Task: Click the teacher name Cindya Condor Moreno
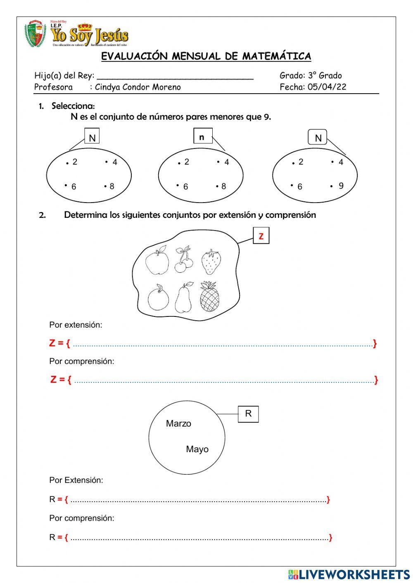(138, 87)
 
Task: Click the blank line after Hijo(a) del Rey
(175, 76)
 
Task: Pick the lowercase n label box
(202, 137)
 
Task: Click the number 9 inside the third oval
(341, 186)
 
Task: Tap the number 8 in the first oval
(112, 186)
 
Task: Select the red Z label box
(261, 236)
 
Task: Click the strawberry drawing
(211, 262)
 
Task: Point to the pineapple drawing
(210, 296)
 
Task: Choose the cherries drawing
(183, 260)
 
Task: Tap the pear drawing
(183, 298)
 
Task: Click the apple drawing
(157, 260)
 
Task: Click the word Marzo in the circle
(178, 423)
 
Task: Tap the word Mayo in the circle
(197, 449)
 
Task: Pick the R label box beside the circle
(248, 414)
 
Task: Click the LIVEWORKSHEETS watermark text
(354, 574)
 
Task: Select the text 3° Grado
(325, 76)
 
